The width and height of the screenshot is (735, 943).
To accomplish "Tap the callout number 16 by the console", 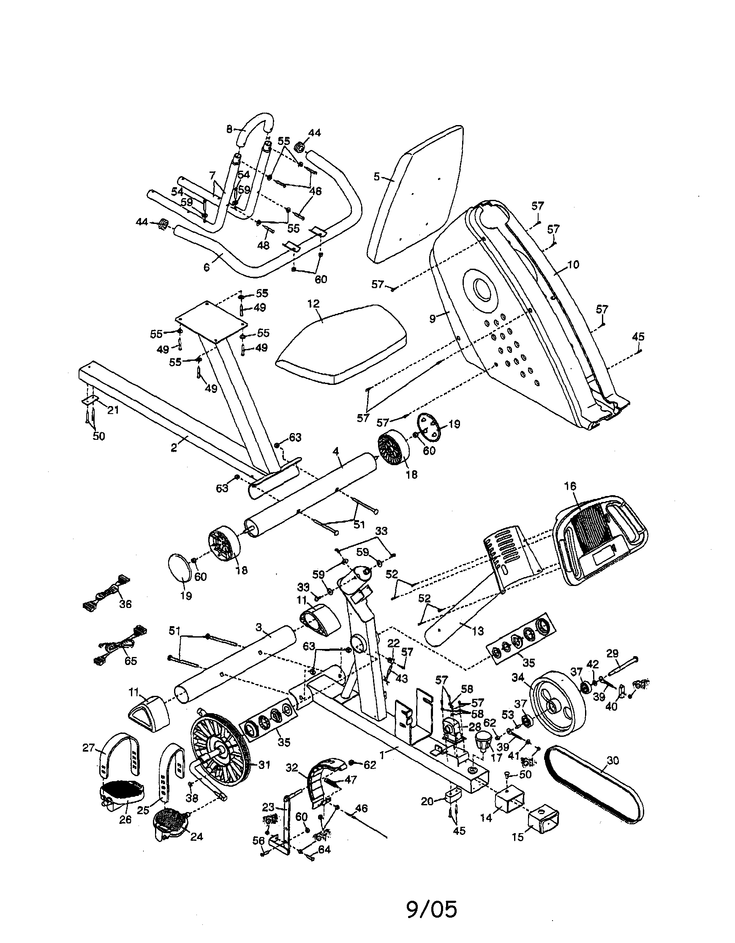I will pos(570,486).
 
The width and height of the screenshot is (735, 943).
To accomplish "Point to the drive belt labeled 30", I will pos(596,784).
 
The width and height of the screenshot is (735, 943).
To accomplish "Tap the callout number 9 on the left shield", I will pos(433,319).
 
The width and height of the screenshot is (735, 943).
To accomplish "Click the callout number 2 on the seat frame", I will pos(174,448).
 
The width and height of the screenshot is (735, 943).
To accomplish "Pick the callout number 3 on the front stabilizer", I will pos(259,627).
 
